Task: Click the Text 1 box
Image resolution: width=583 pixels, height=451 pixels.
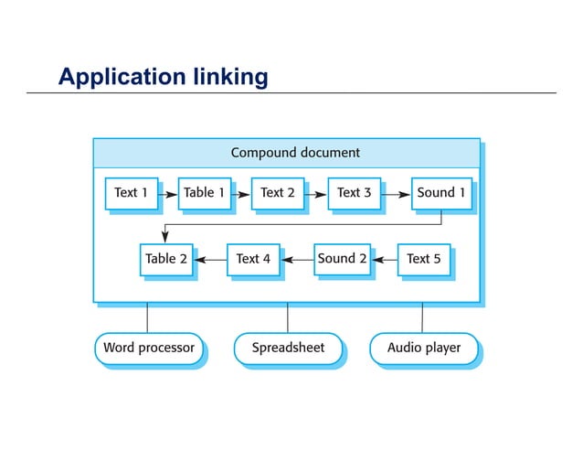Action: (131, 193)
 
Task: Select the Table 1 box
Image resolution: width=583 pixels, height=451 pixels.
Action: (204, 193)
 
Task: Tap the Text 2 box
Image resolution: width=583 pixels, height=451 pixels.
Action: (277, 193)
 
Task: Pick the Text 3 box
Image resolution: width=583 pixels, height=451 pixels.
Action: (354, 193)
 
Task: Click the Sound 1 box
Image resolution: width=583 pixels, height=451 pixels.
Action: (441, 193)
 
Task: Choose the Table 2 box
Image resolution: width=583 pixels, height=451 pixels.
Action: (165, 259)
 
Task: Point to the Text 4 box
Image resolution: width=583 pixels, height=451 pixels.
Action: (252, 259)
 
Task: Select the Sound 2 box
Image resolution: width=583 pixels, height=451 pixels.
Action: (342, 259)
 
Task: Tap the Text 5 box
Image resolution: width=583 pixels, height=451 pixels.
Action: (423, 259)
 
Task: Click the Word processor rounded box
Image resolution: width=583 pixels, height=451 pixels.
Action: (148, 349)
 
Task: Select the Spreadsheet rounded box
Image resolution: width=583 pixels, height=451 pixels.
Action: (287, 349)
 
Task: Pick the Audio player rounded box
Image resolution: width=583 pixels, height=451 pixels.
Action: (423, 349)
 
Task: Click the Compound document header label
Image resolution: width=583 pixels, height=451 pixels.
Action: (294, 153)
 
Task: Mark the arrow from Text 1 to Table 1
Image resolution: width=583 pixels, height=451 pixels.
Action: (168, 194)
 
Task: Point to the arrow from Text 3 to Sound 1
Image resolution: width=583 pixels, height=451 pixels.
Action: (395, 194)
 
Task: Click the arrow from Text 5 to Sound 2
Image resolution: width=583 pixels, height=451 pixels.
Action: (384, 260)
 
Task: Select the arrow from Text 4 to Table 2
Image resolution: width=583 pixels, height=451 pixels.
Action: (210, 260)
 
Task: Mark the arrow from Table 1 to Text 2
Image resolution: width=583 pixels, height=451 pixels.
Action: (240, 194)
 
